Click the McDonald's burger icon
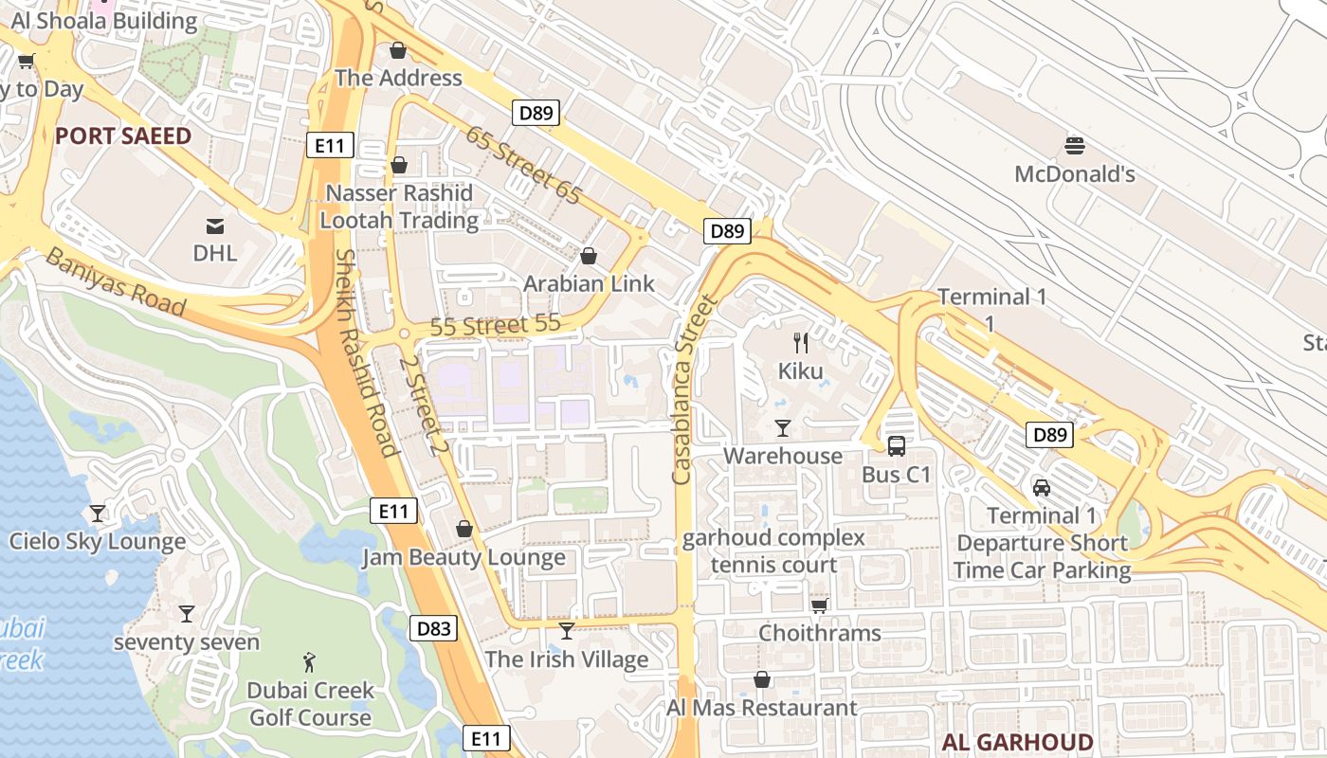pyautogui.click(x=1074, y=146)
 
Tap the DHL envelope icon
pyautogui.click(x=215, y=226)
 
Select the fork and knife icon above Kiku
pyautogui.click(x=801, y=343)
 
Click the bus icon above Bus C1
pyautogui.click(x=896, y=445)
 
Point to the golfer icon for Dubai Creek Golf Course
pyautogui.click(x=309, y=661)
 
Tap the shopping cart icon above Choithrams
pyautogui.click(x=819, y=605)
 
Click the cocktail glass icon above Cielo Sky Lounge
pyautogui.click(x=97, y=514)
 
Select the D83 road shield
pyautogui.click(x=435, y=628)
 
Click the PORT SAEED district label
pyautogui.click(x=123, y=135)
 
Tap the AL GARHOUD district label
pyautogui.click(x=1018, y=742)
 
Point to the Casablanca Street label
pyautogui.click(x=695, y=390)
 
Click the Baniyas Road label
pyautogui.click(x=116, y=281)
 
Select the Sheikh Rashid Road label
pyautogui.click(x=364, y=352)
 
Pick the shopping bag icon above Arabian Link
pyautogui.click(x=588, y=256)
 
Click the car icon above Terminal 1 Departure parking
pyautogui.click(x=1042, y=488)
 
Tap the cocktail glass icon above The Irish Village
pyautogui.click(x=567, y=631)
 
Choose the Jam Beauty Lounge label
pyautogui.click(x=464, y=557)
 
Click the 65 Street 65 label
pyautogui.click(x=522, y=164)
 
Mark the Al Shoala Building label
pyautogui.click(x=104, y=21)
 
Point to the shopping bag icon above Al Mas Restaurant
pyautogui.click(x=761, y=679)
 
